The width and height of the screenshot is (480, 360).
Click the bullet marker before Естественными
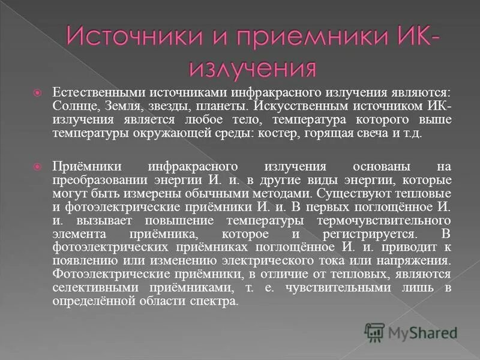[37, 93]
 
